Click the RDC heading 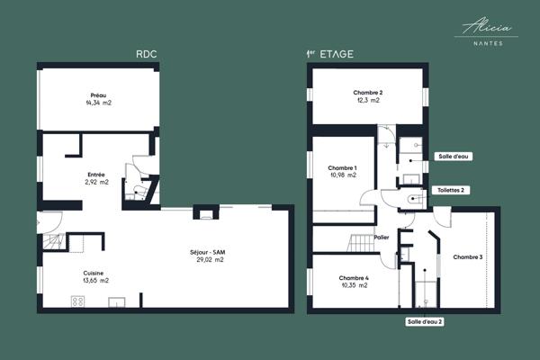pos(147,54)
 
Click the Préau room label pos(99,95)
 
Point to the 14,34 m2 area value pos(99,103)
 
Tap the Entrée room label pos(95,175)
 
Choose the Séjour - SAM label pos(207,251)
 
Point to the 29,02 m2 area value pos(207,259)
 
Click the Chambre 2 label pos(368,93)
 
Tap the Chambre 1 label pos(343,167)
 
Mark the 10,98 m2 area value pos(343,175)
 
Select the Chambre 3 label pos(468,257)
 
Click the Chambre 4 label pos(354,277)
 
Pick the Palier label pos(382,238)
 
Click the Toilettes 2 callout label pos(451,190)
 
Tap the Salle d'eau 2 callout pos(426,321)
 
